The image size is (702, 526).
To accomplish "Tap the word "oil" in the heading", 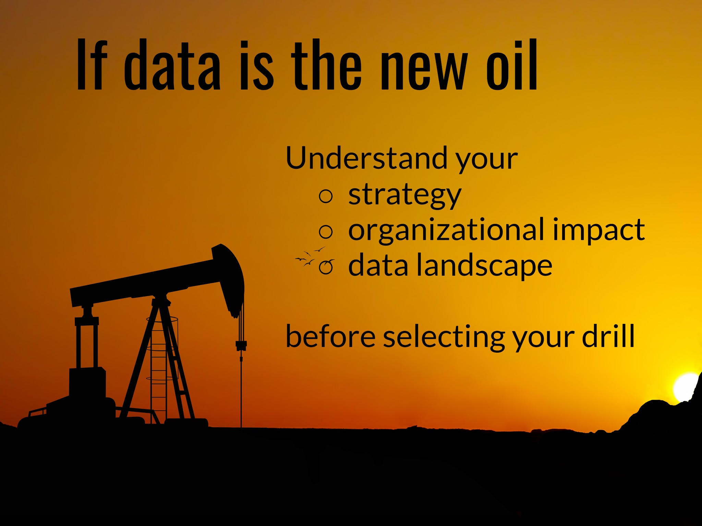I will click(x=512, y=65).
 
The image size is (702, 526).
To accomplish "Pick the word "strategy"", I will click(x=404, y=195).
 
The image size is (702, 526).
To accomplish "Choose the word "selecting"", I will click(x=444, y=338).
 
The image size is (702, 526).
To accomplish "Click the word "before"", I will click(x=330, y=336).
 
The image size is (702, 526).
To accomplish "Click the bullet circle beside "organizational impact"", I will click(x=326, y=232).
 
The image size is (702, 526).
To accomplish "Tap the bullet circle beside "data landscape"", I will click(x=326, y=267).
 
